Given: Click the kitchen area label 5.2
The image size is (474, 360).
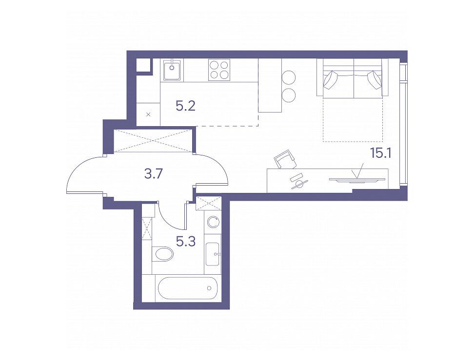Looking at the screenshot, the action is tap(185, 106).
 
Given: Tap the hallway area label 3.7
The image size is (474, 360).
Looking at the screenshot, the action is tap(154, 173).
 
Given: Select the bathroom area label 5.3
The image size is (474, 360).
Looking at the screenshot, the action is tap(185, 241).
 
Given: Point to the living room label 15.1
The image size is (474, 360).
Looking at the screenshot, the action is tap(381, 154).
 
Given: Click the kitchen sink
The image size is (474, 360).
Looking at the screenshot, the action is tap(172, 70).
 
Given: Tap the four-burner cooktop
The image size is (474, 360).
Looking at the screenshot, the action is tap(219, 70).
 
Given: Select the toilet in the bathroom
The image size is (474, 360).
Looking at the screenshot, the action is tap(162, 254).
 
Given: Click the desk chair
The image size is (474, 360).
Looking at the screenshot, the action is tap(285, 159).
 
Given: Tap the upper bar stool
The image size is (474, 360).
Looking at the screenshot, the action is tap(288, 77).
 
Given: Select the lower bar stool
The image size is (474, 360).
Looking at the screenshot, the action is tap(288, 95).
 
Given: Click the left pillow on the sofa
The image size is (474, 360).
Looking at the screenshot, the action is tap(330, 80).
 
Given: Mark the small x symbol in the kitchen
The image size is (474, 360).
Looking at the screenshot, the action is tap(148, 114).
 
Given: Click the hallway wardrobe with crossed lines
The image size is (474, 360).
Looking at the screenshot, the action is tap(153, 140).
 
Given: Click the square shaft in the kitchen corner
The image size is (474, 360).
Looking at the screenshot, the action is tap(143, 65).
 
